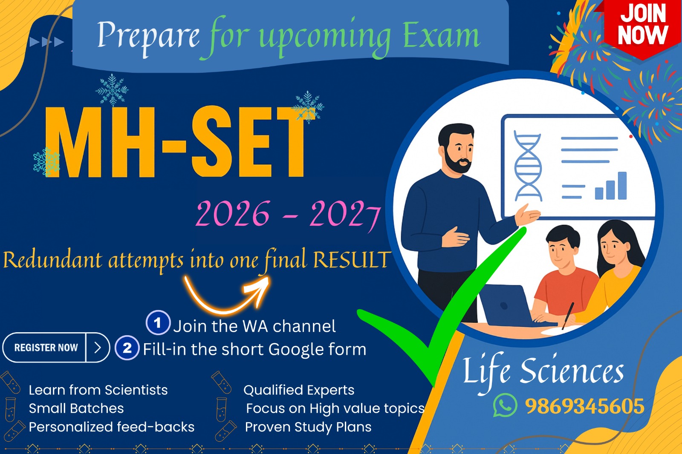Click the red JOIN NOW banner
pyautogui.click(x=642, y=26)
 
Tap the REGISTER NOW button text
pyautogui.click(x=46, y=348)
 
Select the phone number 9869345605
pyautogui.click(x=584, y=406)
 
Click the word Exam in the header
pyautogui.click(x=441, y=36)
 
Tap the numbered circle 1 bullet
pyautogui.click(x=158, y=323)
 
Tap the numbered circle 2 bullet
pyautogui.click(x=127, y=348)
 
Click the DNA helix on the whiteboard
pyautogui.click(x=528, y=166)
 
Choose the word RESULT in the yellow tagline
pyautogui.click(x=351, y=260)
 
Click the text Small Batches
pyautogui.click(x=76, y=408)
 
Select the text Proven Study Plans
pyautogui.click(x=308, y=427)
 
